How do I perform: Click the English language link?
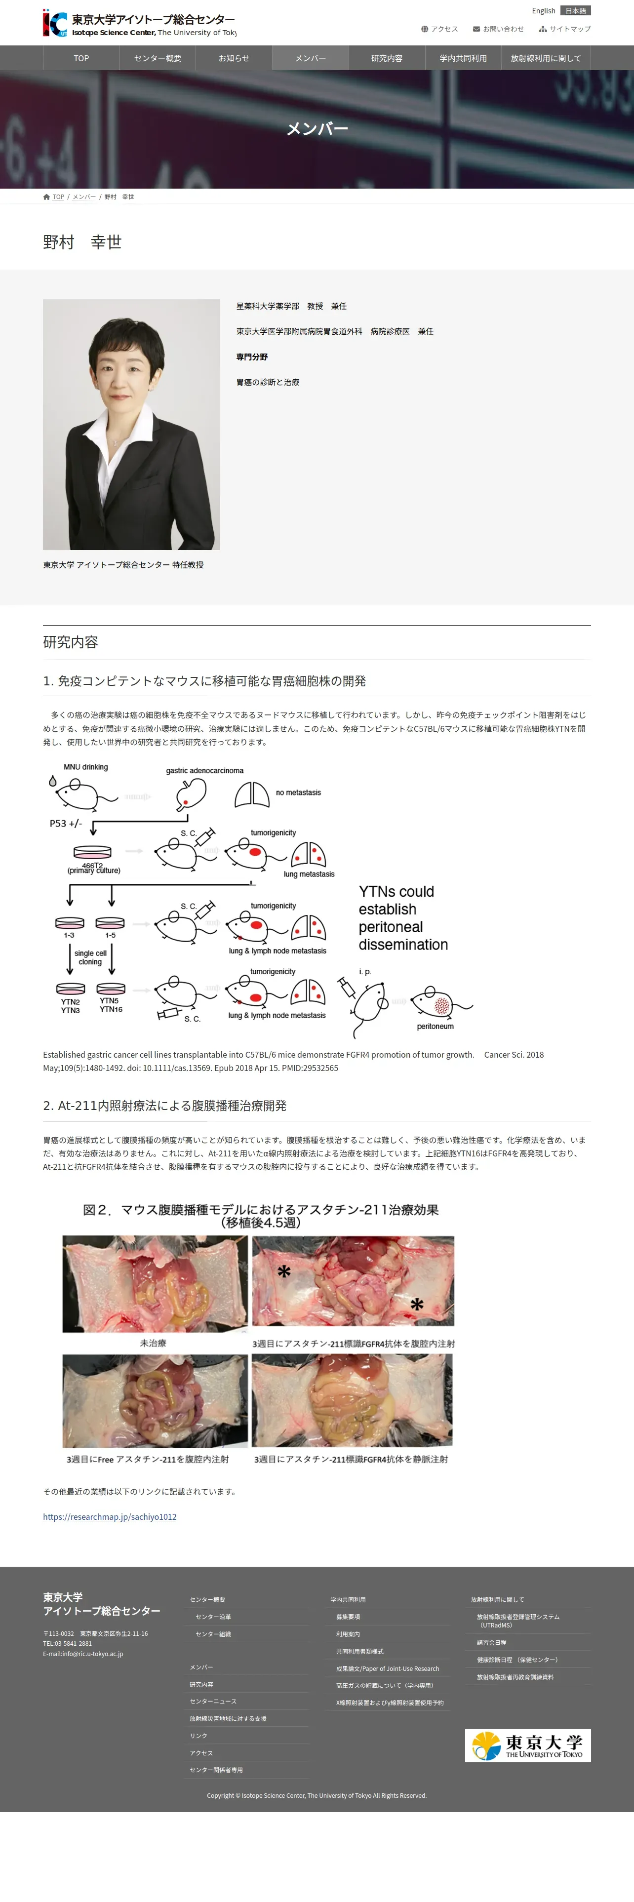[x=543, y=11]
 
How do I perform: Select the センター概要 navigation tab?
[x=157, y=58]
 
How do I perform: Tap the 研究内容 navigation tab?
[x=386, y=58]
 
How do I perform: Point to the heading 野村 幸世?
[x=82, y=242]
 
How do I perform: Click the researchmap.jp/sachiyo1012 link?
[x=109, y=1516]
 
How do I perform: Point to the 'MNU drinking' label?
[x=85, y=767]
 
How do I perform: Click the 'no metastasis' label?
[x=298, y=792]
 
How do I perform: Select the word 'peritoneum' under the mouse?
[x=435, y=1027]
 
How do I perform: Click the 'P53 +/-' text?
[x=66, y=823]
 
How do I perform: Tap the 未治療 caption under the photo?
[x=153, y=1343]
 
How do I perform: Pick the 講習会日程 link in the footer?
[x=492, y=1643]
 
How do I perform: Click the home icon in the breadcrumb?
[x=46, y=197]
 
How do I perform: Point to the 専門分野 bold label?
[x=252, y=357]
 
